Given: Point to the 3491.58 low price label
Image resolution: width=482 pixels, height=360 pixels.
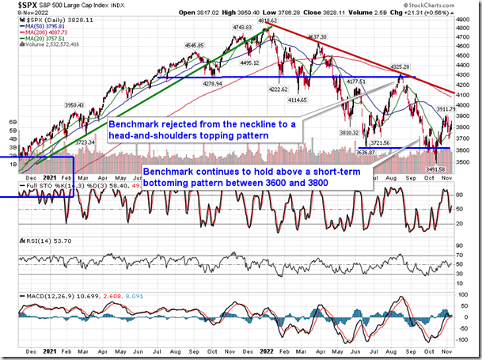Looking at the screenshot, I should point(436,168).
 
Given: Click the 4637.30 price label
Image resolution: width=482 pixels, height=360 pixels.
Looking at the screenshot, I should point(317,37).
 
